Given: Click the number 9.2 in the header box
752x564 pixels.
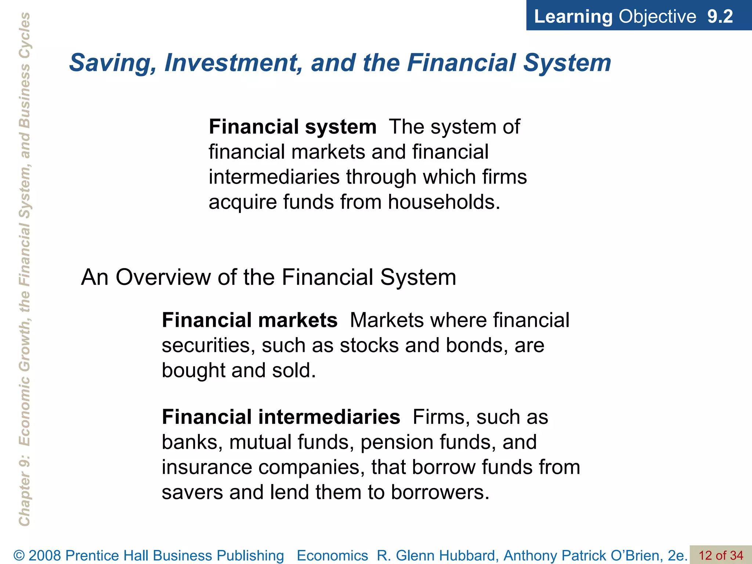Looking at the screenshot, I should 720,17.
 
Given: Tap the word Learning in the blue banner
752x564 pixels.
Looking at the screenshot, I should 573,17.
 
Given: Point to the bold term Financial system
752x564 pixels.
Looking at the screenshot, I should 293,127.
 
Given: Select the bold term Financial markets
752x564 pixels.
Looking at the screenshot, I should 250,320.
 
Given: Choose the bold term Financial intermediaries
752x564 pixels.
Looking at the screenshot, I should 281,417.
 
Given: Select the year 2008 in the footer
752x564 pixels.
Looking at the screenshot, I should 45,556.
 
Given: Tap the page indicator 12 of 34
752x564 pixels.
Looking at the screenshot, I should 720,556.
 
